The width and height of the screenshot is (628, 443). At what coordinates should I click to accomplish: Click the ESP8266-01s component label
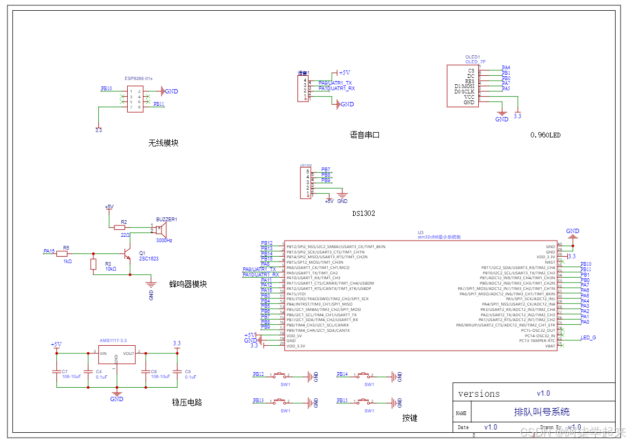click(138, 78)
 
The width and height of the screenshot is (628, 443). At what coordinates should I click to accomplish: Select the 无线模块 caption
click(163, 143)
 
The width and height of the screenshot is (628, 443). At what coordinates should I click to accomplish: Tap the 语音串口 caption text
click(364, 135)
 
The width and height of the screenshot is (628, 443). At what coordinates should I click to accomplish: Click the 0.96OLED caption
click(545, 135)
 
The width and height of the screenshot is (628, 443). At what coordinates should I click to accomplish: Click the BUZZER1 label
click(166, 220)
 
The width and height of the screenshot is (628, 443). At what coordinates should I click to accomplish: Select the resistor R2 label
click(124, 222)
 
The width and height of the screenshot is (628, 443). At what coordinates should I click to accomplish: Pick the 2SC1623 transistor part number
click(149, 259)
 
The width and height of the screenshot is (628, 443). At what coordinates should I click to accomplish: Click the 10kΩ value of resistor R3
click(111, 269)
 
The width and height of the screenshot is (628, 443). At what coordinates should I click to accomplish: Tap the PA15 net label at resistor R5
click(49, 251)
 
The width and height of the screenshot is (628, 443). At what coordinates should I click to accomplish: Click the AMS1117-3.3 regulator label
click(113, 340)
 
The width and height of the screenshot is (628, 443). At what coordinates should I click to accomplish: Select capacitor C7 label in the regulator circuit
click(64, 372)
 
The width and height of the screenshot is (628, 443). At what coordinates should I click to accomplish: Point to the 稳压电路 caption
click(187, 402)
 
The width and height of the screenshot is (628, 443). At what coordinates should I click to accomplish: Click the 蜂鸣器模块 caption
click(188, 284)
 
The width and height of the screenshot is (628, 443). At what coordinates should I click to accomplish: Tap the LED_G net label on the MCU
click(588, 338)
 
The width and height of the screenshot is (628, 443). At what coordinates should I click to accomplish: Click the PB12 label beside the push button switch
click(258, 374)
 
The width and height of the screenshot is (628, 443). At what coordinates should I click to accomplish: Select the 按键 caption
click(410, 418)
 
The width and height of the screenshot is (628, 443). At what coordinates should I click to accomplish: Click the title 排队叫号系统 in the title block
click(542, 412)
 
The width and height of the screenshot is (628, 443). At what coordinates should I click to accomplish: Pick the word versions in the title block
click(479, 394)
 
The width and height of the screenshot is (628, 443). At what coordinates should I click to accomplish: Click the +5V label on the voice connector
click(344, 72)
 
